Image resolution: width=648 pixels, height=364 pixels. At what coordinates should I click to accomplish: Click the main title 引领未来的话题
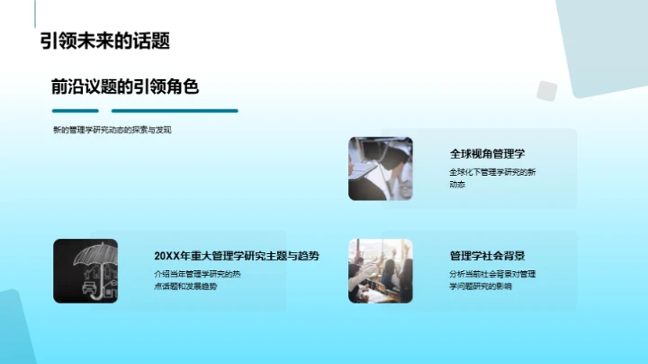pos(104,41)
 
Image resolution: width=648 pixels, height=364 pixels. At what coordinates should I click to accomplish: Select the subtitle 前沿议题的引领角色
pos(124,86)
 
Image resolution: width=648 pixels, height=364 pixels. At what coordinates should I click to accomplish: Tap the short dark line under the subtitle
pos(76,111)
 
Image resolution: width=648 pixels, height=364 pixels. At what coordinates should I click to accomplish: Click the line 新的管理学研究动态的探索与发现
pos(112,130)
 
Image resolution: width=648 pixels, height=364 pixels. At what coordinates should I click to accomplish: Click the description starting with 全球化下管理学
pos(492,177)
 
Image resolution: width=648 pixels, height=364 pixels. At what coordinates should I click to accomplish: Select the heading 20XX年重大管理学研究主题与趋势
pos(237,255)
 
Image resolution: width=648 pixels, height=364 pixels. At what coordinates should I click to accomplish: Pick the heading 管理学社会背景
pos(488,255)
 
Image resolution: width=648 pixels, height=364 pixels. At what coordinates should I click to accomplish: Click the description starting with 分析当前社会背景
pos(492,279)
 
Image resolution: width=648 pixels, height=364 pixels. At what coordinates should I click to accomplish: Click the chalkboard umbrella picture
pos(85,269)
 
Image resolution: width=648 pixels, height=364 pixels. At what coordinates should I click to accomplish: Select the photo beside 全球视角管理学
pos(381,168)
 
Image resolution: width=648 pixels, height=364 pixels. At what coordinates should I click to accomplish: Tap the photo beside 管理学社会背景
pos(381,269)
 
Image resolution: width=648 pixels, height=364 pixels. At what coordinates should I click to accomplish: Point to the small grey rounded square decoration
pos(546,91)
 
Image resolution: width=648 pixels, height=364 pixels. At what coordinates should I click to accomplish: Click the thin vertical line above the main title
pos(36,13)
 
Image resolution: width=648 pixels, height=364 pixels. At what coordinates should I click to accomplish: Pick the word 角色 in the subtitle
pos(180,86)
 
